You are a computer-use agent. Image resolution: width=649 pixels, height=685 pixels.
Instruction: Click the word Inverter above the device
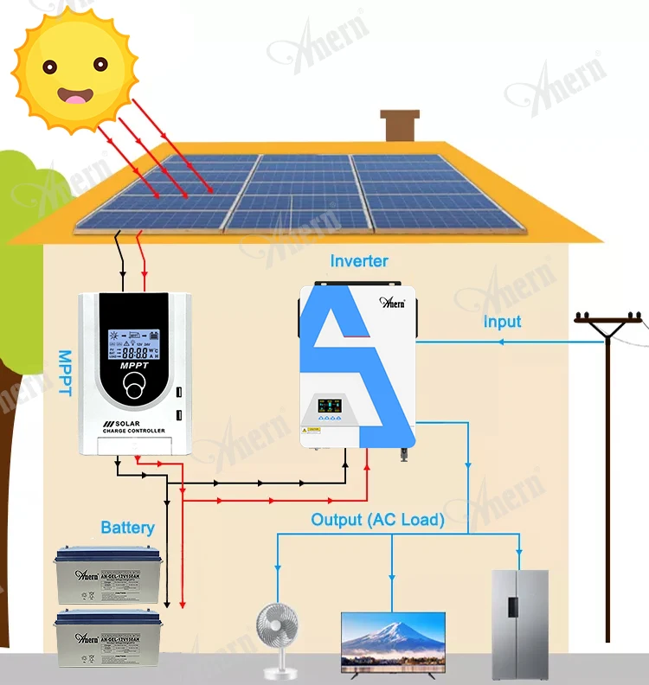click(359, 260)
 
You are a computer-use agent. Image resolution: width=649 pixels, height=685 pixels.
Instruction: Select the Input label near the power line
click(502, 322)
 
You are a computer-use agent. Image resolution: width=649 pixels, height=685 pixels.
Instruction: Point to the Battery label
click(127, 527)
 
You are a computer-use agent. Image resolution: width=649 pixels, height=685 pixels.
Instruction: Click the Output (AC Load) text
click(378, 520)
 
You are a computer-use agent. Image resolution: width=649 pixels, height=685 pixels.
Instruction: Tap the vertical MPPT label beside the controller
click(64, 373)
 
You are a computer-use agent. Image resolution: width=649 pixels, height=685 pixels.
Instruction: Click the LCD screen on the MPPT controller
click(132, 345)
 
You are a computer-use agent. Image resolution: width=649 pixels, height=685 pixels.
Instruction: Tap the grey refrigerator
click(519, 623)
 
